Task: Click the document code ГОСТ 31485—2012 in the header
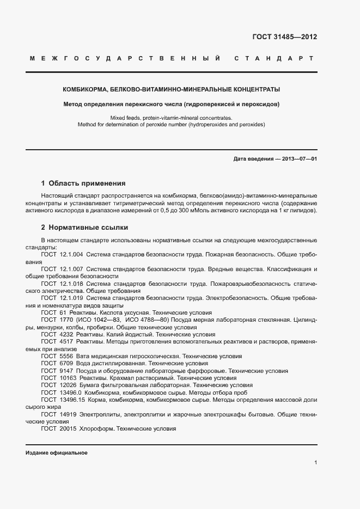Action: [x=285, y=37]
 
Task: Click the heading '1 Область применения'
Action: [x=83, y=183]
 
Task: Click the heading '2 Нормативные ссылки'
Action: [x=84, y=226]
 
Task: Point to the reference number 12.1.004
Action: [x=71, y=254]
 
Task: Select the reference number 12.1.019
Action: [x=71, y=298]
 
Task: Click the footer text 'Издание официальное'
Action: [x=56, y=453]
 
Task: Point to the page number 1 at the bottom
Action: [x=316, y=462]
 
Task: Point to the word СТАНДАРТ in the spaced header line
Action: [x=273, y=58]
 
